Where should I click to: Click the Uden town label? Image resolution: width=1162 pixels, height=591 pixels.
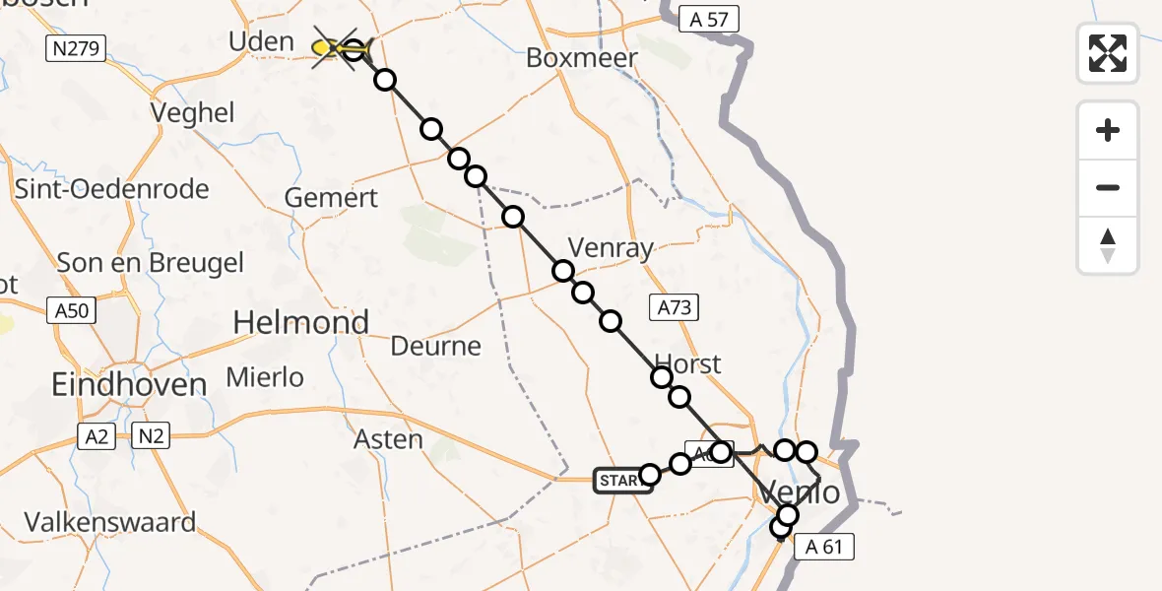tap(261, 41)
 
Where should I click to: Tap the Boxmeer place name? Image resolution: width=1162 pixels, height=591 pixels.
tap(582, 57)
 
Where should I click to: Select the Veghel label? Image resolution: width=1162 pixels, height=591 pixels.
tap(193, 113)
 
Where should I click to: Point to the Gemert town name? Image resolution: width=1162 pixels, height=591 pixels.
tap(331, 198)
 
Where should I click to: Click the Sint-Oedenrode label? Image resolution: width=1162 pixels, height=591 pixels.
tap(112, 188)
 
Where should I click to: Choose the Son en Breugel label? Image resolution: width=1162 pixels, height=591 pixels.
tap(151, 263)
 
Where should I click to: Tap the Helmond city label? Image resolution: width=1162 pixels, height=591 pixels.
tap(301, 322)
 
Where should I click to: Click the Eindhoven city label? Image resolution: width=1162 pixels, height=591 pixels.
tap(130, 384)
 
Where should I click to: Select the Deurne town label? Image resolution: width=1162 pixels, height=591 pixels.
tap(435, 346)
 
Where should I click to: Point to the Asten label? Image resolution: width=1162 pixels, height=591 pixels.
tap(388, 439)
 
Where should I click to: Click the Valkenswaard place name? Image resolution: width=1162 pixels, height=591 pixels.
tap(110, 521)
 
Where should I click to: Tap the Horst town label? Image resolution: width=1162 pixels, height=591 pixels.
tap(688, 363)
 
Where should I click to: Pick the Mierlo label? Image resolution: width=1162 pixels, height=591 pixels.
tap(265, 377)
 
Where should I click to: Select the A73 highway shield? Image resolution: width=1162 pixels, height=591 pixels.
tap(674, 307)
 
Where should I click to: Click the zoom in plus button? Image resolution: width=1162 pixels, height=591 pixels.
tap(1108, 130)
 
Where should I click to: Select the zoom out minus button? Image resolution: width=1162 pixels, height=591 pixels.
tap(1108, 187)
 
